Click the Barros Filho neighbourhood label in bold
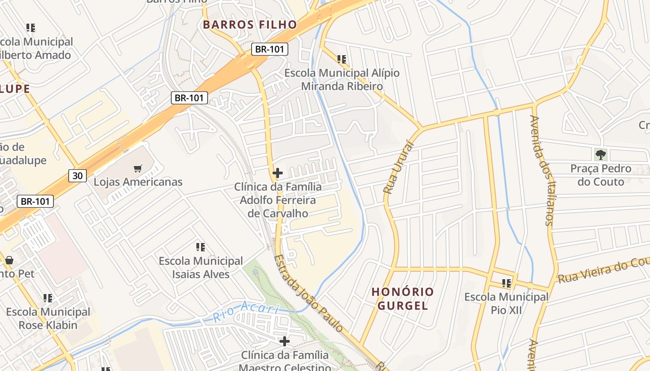[250, 25]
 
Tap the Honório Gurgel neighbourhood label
[403, 299]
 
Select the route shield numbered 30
[78, 175]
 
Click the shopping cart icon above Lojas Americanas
[137, 168]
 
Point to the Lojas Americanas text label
[138, 182]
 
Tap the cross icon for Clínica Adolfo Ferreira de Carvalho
[278, 173]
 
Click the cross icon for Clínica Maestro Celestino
[285, 342]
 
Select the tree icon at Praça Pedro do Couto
[601, 154]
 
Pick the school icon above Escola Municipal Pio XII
[507, 283]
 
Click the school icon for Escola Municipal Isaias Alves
[201, 247]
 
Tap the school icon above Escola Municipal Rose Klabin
[48, 298]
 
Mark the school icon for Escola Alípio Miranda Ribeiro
[342, 59]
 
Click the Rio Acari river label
[246, 312]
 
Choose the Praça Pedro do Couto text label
[601, 175]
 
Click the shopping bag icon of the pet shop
[9, 260]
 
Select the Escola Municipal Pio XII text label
[506, 303]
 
